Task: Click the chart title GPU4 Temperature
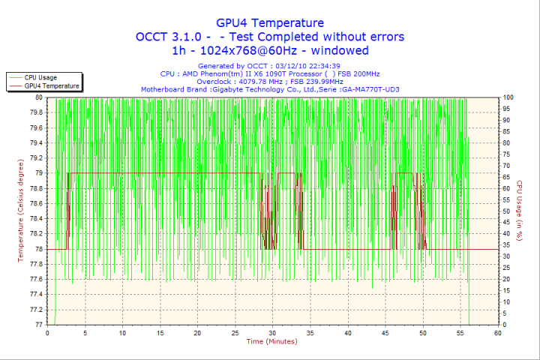pyautogui.click(x=270, y=22)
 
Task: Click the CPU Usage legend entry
pyautogui.click(x=40, y=77)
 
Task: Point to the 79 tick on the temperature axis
pyautogui.click(x=38, y=173)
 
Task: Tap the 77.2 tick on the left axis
pyautogui.click(x=34, y=310)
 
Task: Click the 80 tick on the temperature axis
pyautogui.click(x=38, y=97)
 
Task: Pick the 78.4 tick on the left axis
pyautogui.click(x=34, y=219)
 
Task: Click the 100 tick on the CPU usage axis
pyautogui.click(x=508, y=97)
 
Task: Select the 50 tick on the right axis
pyautogui.click(x=506, y=211)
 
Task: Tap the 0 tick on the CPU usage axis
pyautogui.click(x=504, y=325)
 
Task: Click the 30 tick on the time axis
pyautogui.click(x=272, y=333)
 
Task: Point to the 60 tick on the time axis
pyautogui.click(x=497, y=333)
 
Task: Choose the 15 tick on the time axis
pyautogui.click(x=160, y=333)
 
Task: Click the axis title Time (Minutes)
pyautogui.click(x=272, y=342)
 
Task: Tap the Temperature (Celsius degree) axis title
pyautogui.click(x=20, y=211)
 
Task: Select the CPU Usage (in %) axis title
pyautogui.click(x=519, y=211)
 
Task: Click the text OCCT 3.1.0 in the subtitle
pyautogui.click(x=164, y=37)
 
